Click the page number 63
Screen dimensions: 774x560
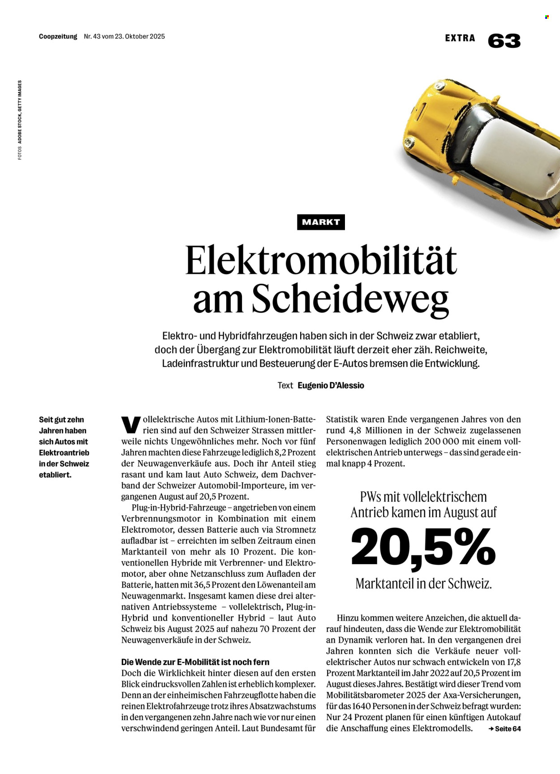click(504, 41)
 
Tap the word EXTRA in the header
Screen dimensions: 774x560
click(460, 38)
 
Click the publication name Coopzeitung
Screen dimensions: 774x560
click(58, 36)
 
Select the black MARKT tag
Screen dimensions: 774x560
click(321, 222)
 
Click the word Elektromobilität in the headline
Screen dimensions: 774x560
click(321, 260)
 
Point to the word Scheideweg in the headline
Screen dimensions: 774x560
click(350, 299)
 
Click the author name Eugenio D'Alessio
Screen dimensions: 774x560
click(331, 385)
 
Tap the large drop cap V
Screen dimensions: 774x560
click(130, 425)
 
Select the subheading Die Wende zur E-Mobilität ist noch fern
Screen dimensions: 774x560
click(195, 662)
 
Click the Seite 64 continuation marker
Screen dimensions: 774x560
click(505, 729)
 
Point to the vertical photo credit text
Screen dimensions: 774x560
click(20, 120)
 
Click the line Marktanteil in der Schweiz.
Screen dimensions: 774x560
click(423, 584)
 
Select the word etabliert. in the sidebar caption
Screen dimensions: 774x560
click(55, 475)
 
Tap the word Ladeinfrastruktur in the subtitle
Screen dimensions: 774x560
click(200, 363)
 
